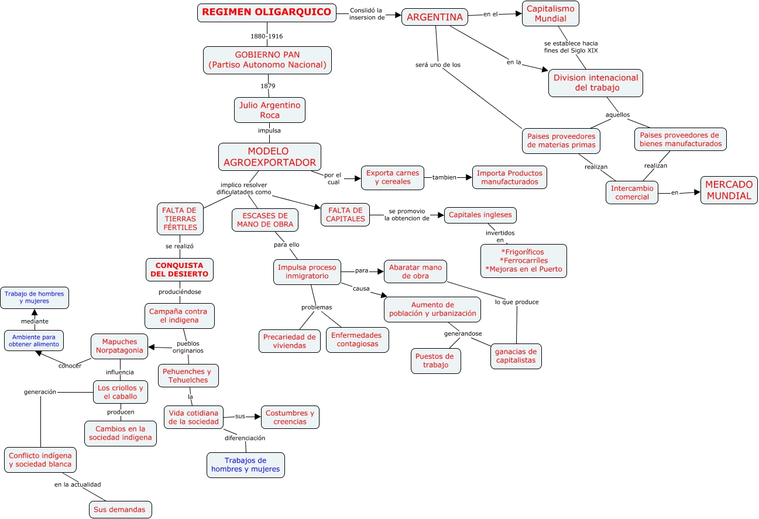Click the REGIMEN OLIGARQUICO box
click(267, 12)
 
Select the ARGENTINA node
click(435, 18)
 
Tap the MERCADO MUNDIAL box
click(729, 191)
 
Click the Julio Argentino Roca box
click(270, 110)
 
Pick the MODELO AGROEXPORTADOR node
click(269, 157)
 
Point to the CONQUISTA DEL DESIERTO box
click(179, 270)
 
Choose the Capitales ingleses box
click(480, 215)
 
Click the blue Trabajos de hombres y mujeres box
click(246, 465)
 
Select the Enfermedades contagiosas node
click(357, 340)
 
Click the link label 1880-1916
click(267, 36)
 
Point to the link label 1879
click(267, 86)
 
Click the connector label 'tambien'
click(444, 177)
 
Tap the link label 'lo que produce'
click(517, 302)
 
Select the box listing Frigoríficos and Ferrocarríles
click(523, 261)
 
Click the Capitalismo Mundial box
click(550, 14)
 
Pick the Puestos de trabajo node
click(435, 361)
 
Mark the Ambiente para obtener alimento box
click(34, 341)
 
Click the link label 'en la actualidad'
click(78, 484)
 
